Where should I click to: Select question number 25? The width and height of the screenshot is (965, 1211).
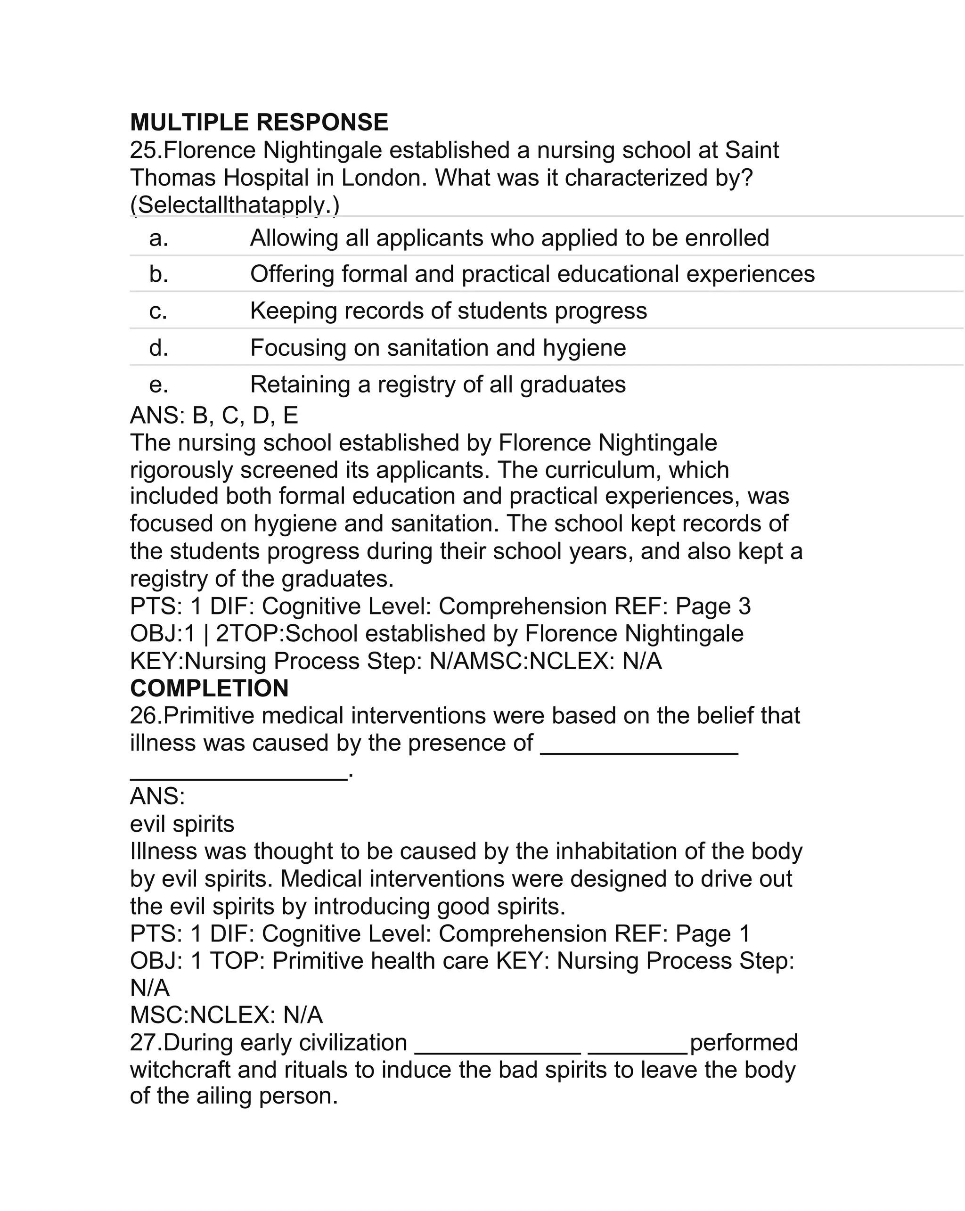click(145, 150)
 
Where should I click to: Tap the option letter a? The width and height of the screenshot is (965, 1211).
click(158, 238)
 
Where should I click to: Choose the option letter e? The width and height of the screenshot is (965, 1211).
click(158, 385)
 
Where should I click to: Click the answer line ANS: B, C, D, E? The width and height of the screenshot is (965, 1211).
click(213, 416)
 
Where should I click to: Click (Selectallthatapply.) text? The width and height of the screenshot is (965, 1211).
click(234, 205)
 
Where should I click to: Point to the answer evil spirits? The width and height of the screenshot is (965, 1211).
click(182, 824)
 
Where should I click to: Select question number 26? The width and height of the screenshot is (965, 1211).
click(145, 716)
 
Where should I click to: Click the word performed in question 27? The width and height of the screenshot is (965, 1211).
click(743, 1042)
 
